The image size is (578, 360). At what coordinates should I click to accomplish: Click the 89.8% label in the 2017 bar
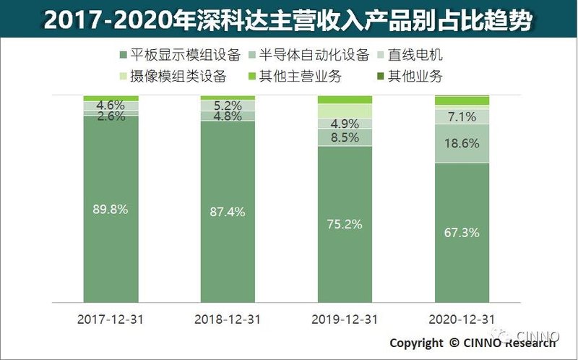(111, 210)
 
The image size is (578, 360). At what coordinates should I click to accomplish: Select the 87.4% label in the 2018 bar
(228, 213)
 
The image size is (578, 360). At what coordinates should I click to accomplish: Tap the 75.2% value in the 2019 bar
(345, 224)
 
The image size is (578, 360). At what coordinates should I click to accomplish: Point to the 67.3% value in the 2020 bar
(462, 232)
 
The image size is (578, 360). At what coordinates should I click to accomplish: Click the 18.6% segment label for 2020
(462, 144)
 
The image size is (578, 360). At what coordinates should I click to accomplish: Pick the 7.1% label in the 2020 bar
(462, 117)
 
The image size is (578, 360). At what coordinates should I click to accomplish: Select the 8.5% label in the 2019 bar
(345, 137)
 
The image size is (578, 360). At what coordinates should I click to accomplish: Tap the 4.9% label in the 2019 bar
(345, 122)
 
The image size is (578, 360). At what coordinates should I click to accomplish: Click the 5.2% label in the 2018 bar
(228, 106)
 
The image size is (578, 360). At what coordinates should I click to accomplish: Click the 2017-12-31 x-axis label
(111, 319)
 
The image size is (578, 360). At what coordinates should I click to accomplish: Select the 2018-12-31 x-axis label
(228, 319)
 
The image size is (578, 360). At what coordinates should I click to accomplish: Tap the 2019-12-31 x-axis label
(345, 319)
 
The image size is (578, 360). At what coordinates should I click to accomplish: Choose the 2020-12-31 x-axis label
(462, 319)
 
